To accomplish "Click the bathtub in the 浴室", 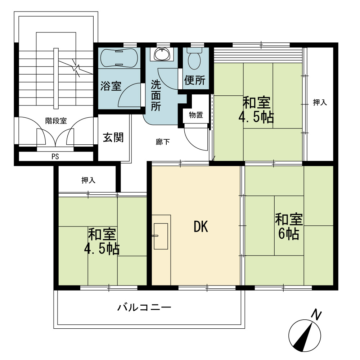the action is click(x=120, y=58).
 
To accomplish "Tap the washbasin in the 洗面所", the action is click(x=162, y=54).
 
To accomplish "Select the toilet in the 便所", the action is click(x=194, y=59).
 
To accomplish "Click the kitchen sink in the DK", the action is click(x=161, y=236).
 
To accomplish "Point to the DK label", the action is click(x=201, y=226).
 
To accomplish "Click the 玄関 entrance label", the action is click(x=113, y=137).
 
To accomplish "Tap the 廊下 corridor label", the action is click(x=163, y=142).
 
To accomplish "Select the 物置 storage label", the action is click(x=196, y=115).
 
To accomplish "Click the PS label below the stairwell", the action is click(x=55, y=157).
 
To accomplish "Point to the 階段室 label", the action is click(x=56, y=121).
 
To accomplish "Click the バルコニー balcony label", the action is click(x=144, y=307).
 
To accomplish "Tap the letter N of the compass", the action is click(x=316, y=315).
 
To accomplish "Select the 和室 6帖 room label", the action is click(x=289, y=226).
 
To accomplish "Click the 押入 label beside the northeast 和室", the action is click(x=320, y=102).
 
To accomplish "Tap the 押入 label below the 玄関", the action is click(x=89, y=180).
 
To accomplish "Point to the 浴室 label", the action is click(x=111, y=86).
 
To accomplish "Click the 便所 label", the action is click(x=195, y=80).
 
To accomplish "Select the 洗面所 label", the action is click(x=156, y=95).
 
